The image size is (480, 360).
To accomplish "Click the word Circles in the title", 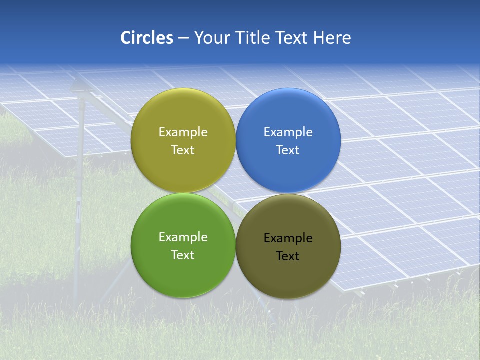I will click(x=146, y=38).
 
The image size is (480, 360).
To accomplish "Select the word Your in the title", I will click(x=211, y=38).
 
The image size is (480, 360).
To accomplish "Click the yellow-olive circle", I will click(x=183, y=170).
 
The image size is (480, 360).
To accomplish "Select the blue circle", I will click(x=288, y=170).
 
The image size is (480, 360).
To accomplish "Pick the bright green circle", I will click(x=183, y=275).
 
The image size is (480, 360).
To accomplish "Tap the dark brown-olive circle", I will click(x=288, y=277).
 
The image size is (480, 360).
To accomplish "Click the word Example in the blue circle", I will click(x=288, y=132).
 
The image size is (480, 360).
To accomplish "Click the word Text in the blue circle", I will click(x=288, y=150).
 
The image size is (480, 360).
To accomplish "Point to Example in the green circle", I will click(x=183, y=237).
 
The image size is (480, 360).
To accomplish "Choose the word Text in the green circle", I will click(x=183, y=255).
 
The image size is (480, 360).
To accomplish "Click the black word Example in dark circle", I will click(x=288, y=238).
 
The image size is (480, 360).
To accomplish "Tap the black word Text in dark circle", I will click(x=288, y=256).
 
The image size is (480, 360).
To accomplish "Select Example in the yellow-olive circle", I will click(x=183, y=132).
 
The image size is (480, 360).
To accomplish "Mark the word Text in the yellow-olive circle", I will click(x=183, y=150).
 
